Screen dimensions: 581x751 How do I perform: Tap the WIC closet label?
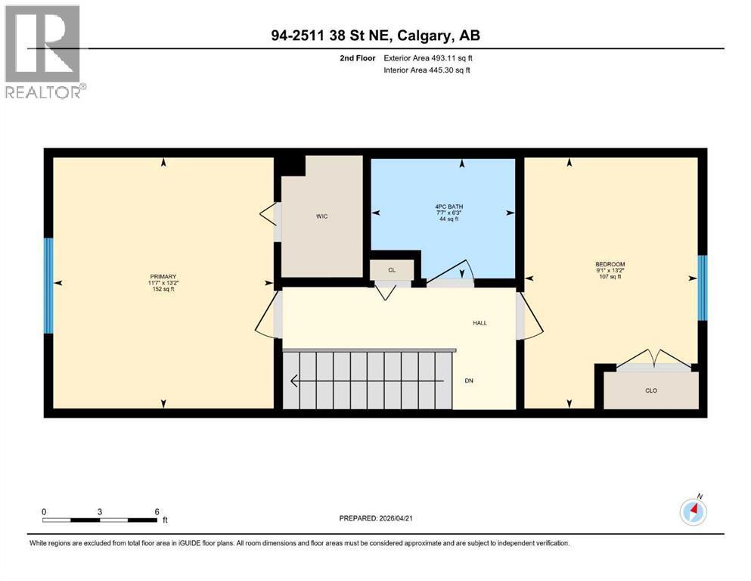tap(321, 216)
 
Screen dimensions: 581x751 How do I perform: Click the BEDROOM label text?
tap(610, 264)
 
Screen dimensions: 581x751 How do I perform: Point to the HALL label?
tap(479, 323)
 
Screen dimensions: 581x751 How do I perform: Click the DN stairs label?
tap(470, 381)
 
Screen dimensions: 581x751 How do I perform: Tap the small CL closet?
tap(391, 269)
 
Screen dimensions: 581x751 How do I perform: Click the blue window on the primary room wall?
tap(48, 285)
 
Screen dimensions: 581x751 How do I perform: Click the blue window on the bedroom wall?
tap(702, 287)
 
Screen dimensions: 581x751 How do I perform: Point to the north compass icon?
tap(693, 511)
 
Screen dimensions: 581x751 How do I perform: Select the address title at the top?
tap(375, 36)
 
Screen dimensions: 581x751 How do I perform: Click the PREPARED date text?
tap(376, 518)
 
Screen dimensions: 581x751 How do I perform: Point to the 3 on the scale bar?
tap(100, 511)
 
